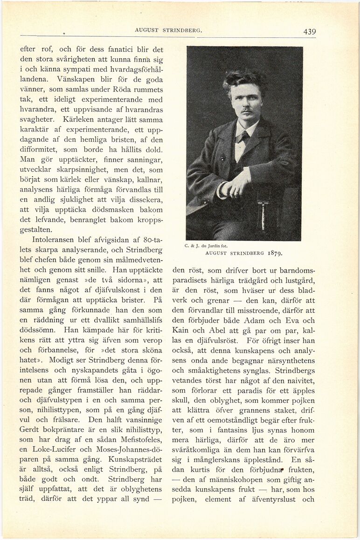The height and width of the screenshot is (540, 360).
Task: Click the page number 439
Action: pos(309,32)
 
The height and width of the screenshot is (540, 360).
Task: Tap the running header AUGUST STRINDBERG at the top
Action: pos(168,30)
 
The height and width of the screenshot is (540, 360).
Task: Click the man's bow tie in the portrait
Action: pos(242,137)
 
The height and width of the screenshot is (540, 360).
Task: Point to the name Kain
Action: pos(183,332)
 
